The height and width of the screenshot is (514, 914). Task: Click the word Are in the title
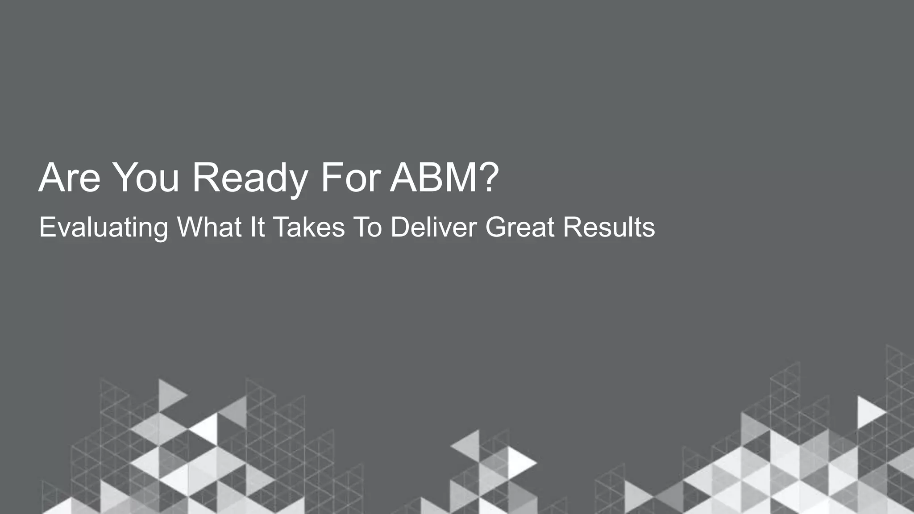[x=70, y=178]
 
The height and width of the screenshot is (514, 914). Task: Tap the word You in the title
[x=146, y=178]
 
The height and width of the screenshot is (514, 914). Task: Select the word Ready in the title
[x=249, y=178]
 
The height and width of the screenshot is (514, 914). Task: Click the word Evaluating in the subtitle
[x=104, y=228]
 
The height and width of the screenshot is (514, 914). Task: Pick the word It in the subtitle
[x=258, y=227]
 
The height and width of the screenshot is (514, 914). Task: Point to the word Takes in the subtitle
[x=309, y=227]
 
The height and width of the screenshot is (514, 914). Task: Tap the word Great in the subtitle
[x=519, y=227]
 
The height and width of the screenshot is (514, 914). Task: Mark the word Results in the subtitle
[x=609, y=227]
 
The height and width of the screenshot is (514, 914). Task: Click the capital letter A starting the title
[x=50, y=178]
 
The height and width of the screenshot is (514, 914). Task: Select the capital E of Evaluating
[x=46, y=227]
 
